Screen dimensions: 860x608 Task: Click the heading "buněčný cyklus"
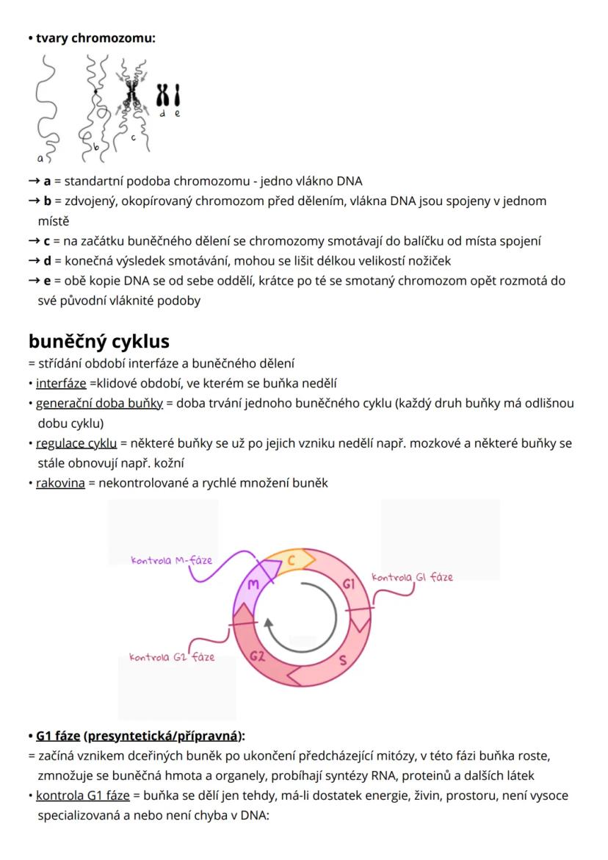[99, 341]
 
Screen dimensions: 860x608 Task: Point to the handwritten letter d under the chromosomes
[164, 114]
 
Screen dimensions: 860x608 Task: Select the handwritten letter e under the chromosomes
[177, 114]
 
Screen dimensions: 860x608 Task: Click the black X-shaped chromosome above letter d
[164, 95]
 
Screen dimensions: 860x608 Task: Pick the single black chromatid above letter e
[177, 95]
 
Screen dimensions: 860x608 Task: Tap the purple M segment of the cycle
[253, 584]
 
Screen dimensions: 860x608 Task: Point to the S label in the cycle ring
[343, 659]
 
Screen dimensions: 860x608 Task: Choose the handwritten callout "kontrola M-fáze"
[171, 561]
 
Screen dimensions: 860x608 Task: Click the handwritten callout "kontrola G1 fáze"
[412, 577]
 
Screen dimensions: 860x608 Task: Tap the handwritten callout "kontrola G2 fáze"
[172, 656]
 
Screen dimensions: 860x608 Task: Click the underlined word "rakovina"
[60, 484]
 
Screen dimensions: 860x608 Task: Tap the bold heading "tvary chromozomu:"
[95, 37]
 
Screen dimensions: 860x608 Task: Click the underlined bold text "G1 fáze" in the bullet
[58, 736]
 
